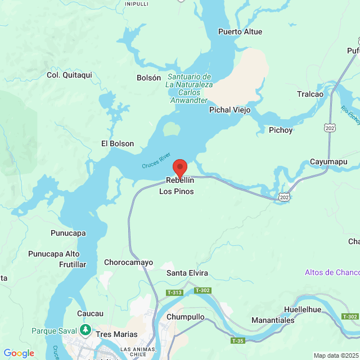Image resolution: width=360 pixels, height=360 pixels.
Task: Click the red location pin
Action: [179, 168]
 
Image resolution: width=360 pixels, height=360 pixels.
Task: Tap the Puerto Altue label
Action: [240, 31]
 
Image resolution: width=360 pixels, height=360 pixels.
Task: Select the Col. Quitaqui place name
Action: [69, 75]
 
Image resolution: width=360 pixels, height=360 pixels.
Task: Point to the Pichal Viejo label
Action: [229, 110]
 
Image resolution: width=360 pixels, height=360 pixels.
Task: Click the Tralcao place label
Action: [310, 94]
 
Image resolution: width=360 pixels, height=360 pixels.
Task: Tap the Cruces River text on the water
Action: [156, 160]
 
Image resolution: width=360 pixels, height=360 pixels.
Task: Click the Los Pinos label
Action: [177, 192]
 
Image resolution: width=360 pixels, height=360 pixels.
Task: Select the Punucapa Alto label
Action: [54, 254]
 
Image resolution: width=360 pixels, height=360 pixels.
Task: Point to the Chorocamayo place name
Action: [129, 262]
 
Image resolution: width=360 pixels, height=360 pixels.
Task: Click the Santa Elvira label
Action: [187, 273]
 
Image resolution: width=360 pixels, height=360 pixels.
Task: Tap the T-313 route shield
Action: [174, 292]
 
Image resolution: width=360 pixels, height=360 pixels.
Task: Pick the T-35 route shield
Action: [238, 340]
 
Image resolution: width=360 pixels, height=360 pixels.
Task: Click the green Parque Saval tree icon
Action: [85, 329]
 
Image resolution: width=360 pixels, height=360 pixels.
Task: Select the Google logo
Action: [19, 353]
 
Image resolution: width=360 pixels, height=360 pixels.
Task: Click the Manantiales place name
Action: [273, 319]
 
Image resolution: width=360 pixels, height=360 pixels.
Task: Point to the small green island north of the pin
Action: [172, 129]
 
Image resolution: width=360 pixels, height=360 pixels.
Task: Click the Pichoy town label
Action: [281, 130]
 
